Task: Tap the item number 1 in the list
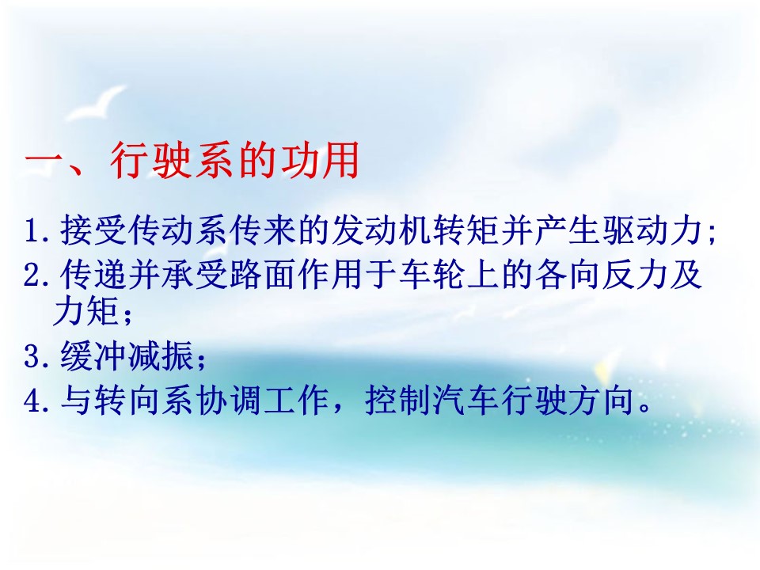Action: (x=34, y=231)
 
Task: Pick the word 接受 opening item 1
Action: (x=93, y=230)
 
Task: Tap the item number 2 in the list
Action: (x=34, y=275)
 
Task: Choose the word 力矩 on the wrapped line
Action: (x=85, y=310)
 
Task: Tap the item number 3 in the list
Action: (x=34, y=356)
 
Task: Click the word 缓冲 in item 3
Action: (x=93, y=355)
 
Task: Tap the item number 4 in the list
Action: (x=34, y=401)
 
